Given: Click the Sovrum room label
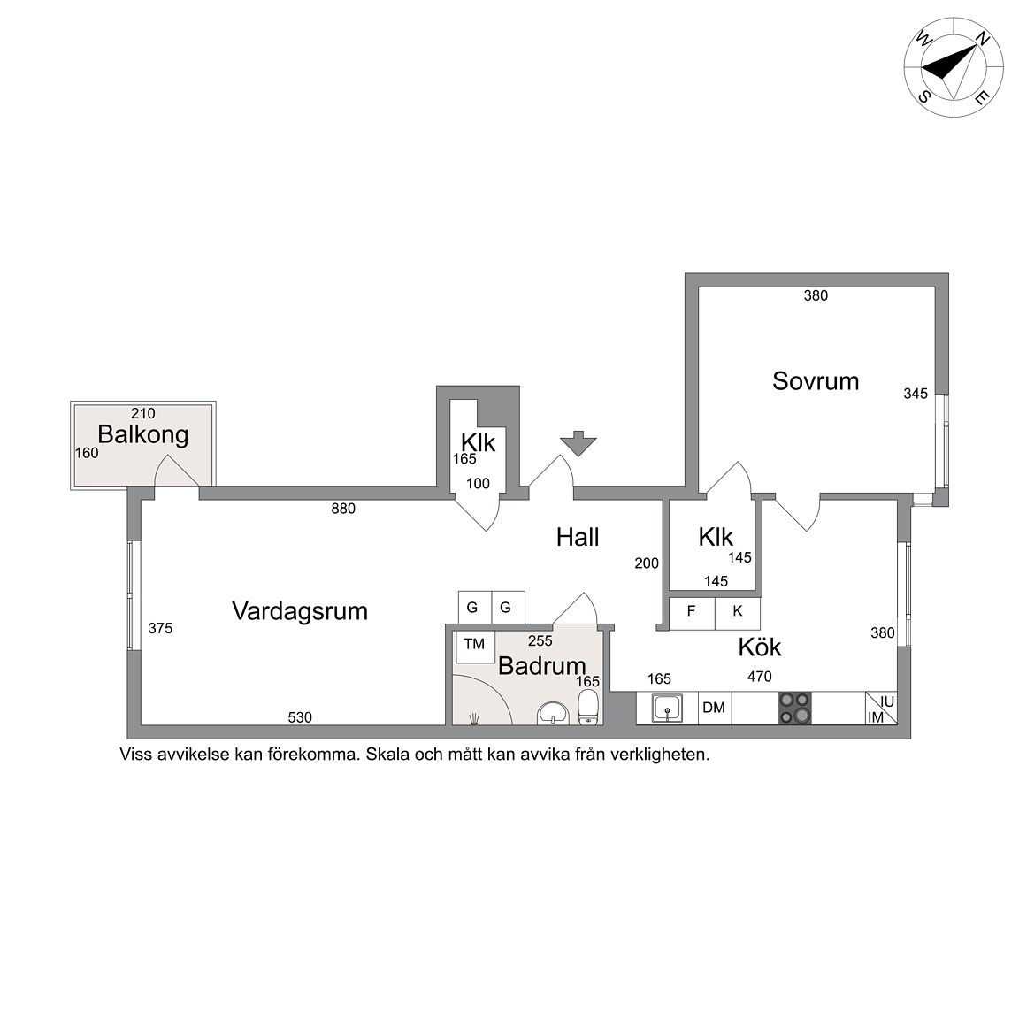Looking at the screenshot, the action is tap(816, 381).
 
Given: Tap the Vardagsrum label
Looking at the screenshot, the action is tap(300, 611).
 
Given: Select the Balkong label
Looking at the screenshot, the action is tap(143, 434).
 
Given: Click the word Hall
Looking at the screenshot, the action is tap(578, 538).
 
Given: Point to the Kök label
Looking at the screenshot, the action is tap(760, 647).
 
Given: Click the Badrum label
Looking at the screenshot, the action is tap(542, 666).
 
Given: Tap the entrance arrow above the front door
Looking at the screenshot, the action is tap(578, 443).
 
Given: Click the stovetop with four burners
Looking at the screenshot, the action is tap(795, 708).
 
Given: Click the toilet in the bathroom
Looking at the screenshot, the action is tap(588, 707).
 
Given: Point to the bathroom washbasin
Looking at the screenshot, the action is tap(553, 714).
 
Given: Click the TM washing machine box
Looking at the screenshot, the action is tap(475, 646).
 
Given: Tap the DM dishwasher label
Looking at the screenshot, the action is tap(714, 707).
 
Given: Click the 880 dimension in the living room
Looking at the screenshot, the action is tap(343, 509).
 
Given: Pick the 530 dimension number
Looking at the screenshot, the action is tap(300, 717).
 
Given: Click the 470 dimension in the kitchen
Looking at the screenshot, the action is tap(759, 677).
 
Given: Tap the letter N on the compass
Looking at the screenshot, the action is tap(984, 39).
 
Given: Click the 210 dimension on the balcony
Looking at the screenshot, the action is tap(143, 413).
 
